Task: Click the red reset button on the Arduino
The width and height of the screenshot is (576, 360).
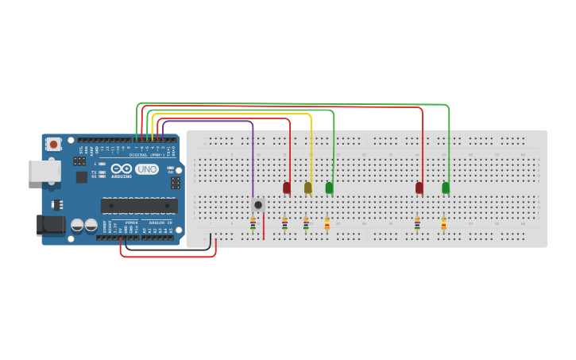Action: (x=53, y=144)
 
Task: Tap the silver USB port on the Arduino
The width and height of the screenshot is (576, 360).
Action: (x=44, y=171)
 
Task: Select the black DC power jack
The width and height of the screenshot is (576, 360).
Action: (x=51, y=225)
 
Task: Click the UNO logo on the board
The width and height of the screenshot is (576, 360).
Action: (x=146, y=169)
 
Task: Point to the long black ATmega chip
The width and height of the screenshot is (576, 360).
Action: (x=138, y=205)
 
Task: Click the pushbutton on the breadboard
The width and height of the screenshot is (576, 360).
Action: (x=258, y=204)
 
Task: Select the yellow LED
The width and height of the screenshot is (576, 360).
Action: (x=308, y=188)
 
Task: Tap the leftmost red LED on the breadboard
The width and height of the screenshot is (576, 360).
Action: (x=287, y=188)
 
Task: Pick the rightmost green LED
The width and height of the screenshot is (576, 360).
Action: (x=446, y=188)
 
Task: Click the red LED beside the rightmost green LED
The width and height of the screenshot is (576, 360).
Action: (x=419, y=188)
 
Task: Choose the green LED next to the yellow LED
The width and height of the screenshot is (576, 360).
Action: (x=329, y=188)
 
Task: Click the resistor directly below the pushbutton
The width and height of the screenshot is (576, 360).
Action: (x=253, y=224)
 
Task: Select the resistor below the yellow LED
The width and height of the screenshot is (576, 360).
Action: (x=306, y=224)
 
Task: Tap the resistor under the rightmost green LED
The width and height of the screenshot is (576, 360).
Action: (x=443, y=224)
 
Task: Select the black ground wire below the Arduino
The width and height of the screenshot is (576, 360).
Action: (x=167, y=250)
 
